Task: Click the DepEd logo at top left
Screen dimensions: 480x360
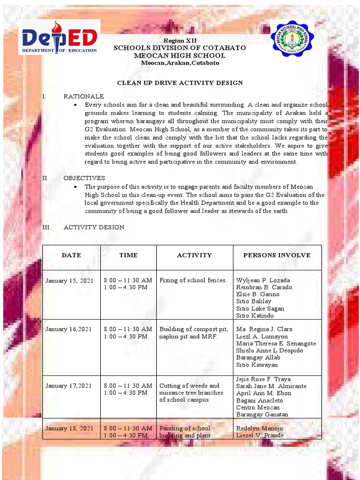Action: (59, 37)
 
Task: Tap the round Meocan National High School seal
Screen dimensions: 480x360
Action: (292, 38)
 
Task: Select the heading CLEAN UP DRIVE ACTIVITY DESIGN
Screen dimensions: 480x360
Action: (180, 83)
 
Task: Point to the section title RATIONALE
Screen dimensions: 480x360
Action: (84, 97)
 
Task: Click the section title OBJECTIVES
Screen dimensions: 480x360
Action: (84, 178)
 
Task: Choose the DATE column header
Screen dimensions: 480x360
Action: (71, 255)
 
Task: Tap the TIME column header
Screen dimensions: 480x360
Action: (128, 255)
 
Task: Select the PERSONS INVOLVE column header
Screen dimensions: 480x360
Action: (277, 255)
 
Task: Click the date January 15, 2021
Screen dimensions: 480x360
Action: (69, 280)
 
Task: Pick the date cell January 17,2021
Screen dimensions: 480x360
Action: (68, 386)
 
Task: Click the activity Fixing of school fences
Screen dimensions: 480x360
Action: (193, 280)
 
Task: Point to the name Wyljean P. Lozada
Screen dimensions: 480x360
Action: (263, 280)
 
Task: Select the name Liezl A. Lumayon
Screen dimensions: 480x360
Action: (262, 337)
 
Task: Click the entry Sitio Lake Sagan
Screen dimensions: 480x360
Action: (260, 308)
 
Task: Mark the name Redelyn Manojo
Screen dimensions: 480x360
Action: (260, 428)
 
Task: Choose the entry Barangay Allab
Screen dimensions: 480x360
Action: (258, 358)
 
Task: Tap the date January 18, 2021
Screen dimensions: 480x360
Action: (69, 428)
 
